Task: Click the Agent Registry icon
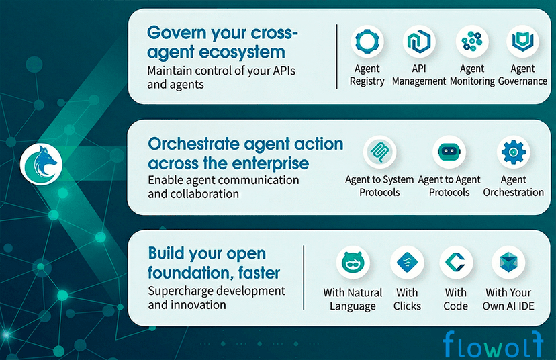pos(367,42)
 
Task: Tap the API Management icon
pos(419,42)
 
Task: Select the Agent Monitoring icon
pos(472,42)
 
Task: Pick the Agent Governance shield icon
pos(522,42)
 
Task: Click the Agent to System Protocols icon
pos(379,152)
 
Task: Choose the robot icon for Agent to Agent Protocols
pos(449,152)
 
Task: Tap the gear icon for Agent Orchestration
pos(513,152)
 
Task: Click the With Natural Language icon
pos(353,263)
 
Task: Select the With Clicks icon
pos(407,263)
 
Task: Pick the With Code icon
pos(456,263)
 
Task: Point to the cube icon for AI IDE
pos(508,263)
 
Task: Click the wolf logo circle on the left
pos(42,164)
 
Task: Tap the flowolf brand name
pos(492,344)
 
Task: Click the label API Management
pos(419,75)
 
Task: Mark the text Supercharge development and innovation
pos(216,298)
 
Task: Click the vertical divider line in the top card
pos(336,56)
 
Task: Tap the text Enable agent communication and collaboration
pos(223,187)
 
